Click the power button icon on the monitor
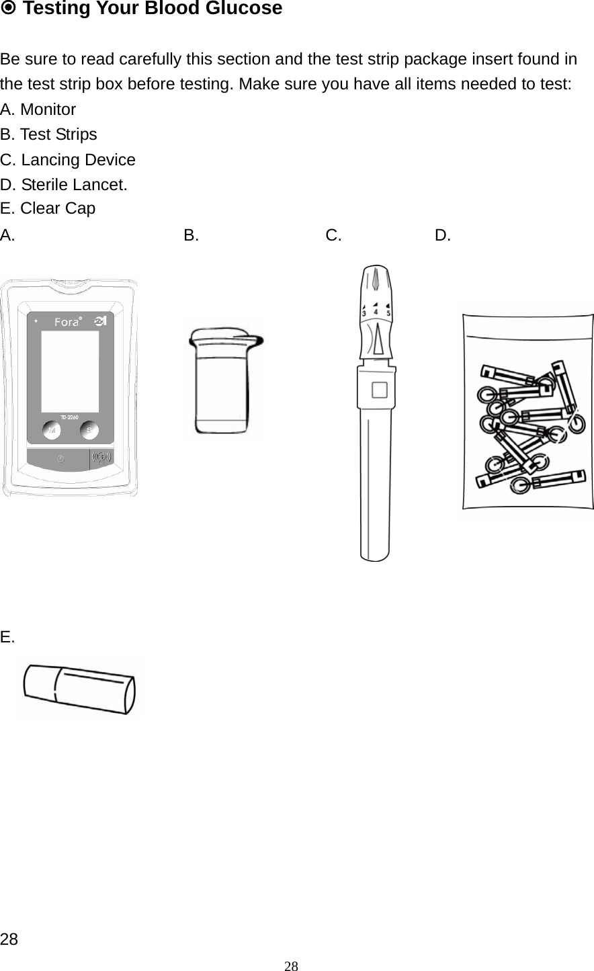60,458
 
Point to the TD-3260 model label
70,417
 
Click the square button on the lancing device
379,390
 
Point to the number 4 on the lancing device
376,312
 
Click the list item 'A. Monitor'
38,110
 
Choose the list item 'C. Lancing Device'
68,160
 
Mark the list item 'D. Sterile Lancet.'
65,184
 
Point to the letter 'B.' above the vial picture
191,235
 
